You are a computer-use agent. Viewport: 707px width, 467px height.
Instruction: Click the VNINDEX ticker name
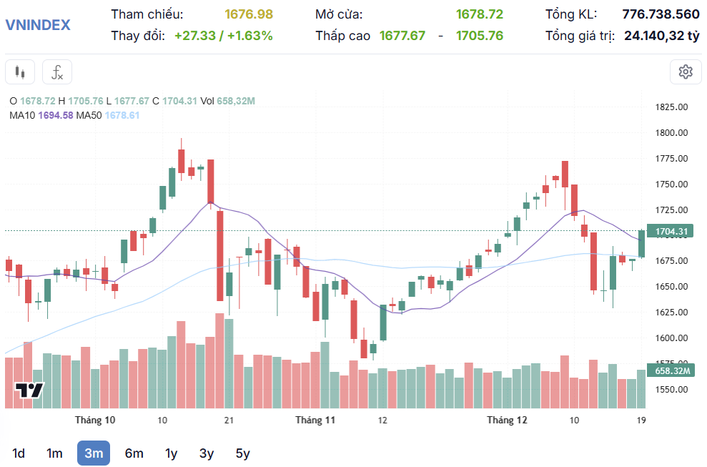pyautogui.click(x=38, y=24)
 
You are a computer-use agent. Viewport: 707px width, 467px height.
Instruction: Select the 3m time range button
pyautogui.click(x=93, y=453)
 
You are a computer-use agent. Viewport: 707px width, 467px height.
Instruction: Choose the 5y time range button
pyautogui.click(x=243, y=453)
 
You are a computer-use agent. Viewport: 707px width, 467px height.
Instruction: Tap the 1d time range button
pyautogui.click(x=19, y=453)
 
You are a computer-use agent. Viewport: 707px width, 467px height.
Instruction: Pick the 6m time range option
pyautogui.click(x=134, y=453)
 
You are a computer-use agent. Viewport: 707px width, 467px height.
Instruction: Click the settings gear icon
pyautogui.click(x=686, y=72)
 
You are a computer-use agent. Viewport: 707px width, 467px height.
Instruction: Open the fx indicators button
pyautogui.click(x=57, y=72)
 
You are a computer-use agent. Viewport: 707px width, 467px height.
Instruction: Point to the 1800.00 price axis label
pyautogui.click(x=671, y=132)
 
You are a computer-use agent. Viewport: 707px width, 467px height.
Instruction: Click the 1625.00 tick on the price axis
pyautogui.click(x=671, y=312)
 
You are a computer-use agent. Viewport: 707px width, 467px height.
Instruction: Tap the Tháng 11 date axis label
pyautogui.click(x=315, y=420)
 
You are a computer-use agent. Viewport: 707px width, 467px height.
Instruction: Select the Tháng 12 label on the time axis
pyautogui.click(x=507, y=420)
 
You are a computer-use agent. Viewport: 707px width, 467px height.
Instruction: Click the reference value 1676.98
pyautogui.click(x=249, y=14)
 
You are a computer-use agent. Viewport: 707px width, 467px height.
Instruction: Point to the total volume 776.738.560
pyautogui.click(x=661, y=14)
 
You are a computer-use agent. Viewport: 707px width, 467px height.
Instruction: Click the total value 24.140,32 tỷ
pyautogui.click(x=661, y=35)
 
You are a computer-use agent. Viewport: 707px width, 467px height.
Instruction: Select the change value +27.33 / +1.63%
pyautogui.click(x=223, y=35)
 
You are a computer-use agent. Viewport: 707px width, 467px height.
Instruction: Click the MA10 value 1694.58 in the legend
pyautogui.click(x=56, y=115)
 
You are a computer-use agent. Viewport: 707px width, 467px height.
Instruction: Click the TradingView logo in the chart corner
pyautogui.click(x=30, y=390)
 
